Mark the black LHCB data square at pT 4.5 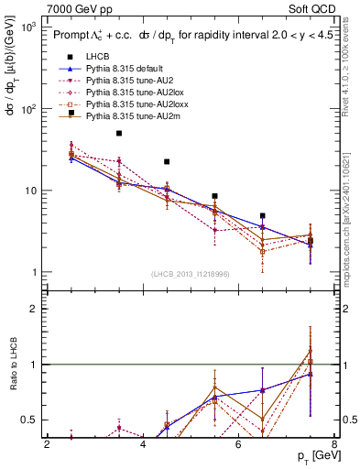(x=167, y=161)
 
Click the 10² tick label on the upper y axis (x=28, y=109)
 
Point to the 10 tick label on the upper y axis (x=30, y=191)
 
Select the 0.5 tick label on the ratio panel (x=27, y=420)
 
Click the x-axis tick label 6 (x=238, y=446)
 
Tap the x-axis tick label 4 (x=143, y=446)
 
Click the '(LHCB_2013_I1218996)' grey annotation (x=190, y=274)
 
